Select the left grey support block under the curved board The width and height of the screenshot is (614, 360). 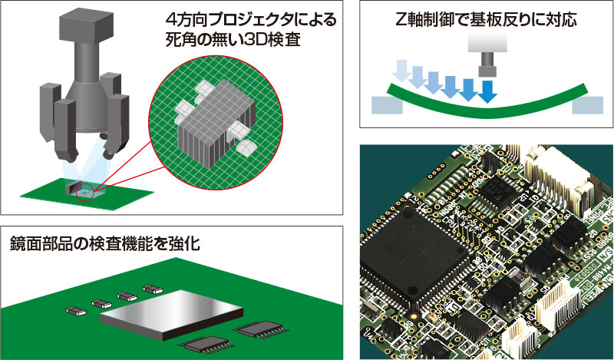click(x=385, y=104)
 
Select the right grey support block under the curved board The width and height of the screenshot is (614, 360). click(x=586, y=105)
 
